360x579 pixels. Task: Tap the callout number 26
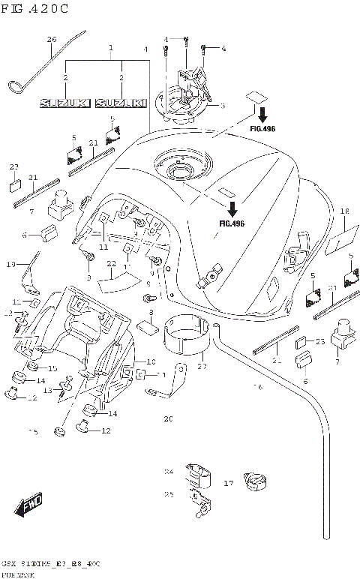click(x=52, y=39)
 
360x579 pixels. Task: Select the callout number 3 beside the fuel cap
click(x=221, y=106)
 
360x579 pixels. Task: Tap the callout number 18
click(x=344, y=212)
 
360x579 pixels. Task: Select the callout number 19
click(x=11, y=264)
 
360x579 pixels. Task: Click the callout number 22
click(x=110, y=264)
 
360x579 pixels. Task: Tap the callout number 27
click(x=200, y=367)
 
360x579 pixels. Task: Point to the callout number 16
click(x=259, y=388)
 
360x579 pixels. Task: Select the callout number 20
click(x=168, y=418)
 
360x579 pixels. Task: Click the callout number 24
click(x=168, y=472)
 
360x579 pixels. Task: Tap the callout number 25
click(x=168, y=494)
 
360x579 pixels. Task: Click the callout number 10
click(x=150, y=361)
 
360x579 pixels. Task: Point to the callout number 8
click(x=151, y=312)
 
